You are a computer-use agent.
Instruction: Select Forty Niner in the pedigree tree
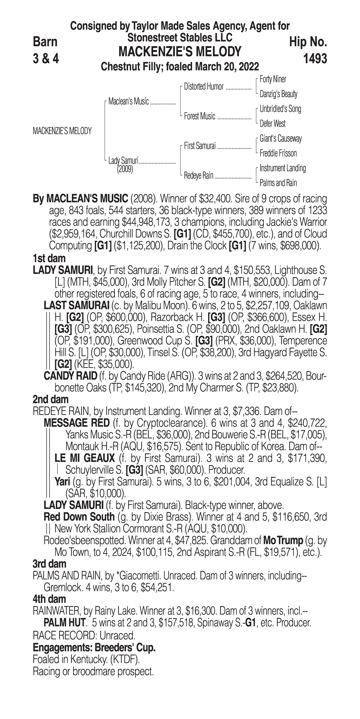click(273, 79)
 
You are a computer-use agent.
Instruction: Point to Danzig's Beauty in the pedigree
click(278, 94)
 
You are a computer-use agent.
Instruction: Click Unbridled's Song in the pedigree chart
click(280, 109)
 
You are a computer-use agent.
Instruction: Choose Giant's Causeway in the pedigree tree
click(280, 138)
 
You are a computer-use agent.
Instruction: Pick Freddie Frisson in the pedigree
click(278, 153)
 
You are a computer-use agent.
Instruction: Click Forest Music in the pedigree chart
click(200, 116)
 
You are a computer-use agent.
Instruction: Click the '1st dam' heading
click(49, 258)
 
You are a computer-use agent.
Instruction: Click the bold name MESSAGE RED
click(77, 423)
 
